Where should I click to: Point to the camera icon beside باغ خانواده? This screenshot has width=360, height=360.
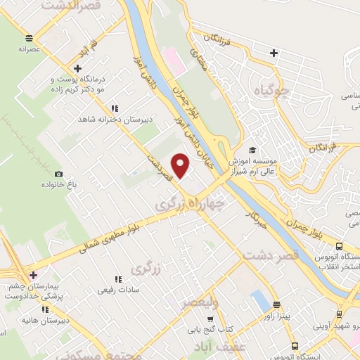click(x=58, y=174)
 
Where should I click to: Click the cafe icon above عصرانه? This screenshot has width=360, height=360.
click(x=28, y=39)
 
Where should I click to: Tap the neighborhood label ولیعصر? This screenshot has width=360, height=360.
click(x=200, y=304)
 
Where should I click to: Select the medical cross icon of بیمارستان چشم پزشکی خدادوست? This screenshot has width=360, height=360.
click(x=32, y=274)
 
